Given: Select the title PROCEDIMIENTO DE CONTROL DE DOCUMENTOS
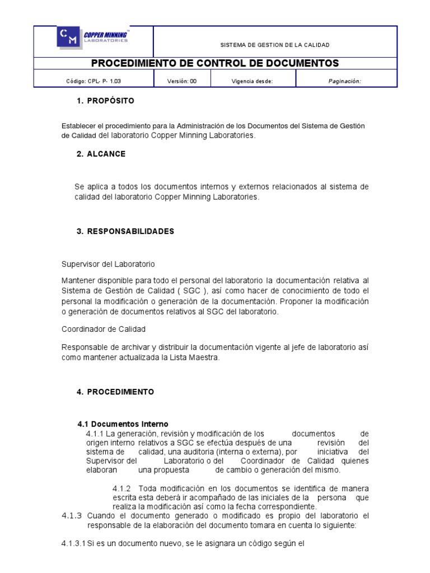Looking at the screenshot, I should click(x=215, y=63).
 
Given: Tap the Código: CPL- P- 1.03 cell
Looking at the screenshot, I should click(x=94, y=81).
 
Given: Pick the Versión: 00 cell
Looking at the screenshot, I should click(x=182, y=81).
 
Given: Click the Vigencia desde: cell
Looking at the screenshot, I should click(x=252, y=81).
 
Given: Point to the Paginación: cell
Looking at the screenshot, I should click(x=344, y=81).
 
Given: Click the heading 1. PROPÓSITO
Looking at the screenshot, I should click(x=105, y=101).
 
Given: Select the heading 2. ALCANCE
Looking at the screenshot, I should click(x=101, y=154).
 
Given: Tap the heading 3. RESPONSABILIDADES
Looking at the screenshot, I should click(x=125, y=231).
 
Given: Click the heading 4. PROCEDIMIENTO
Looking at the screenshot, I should click(x=115, y=392).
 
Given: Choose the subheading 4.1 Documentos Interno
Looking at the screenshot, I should click(x=122, y=424).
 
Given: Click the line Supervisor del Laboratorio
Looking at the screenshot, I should click(x=108, y=264).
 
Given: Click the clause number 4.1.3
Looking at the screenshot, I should click(x=72, y=515).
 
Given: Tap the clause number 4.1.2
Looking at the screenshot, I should click(x=121, y=489).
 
